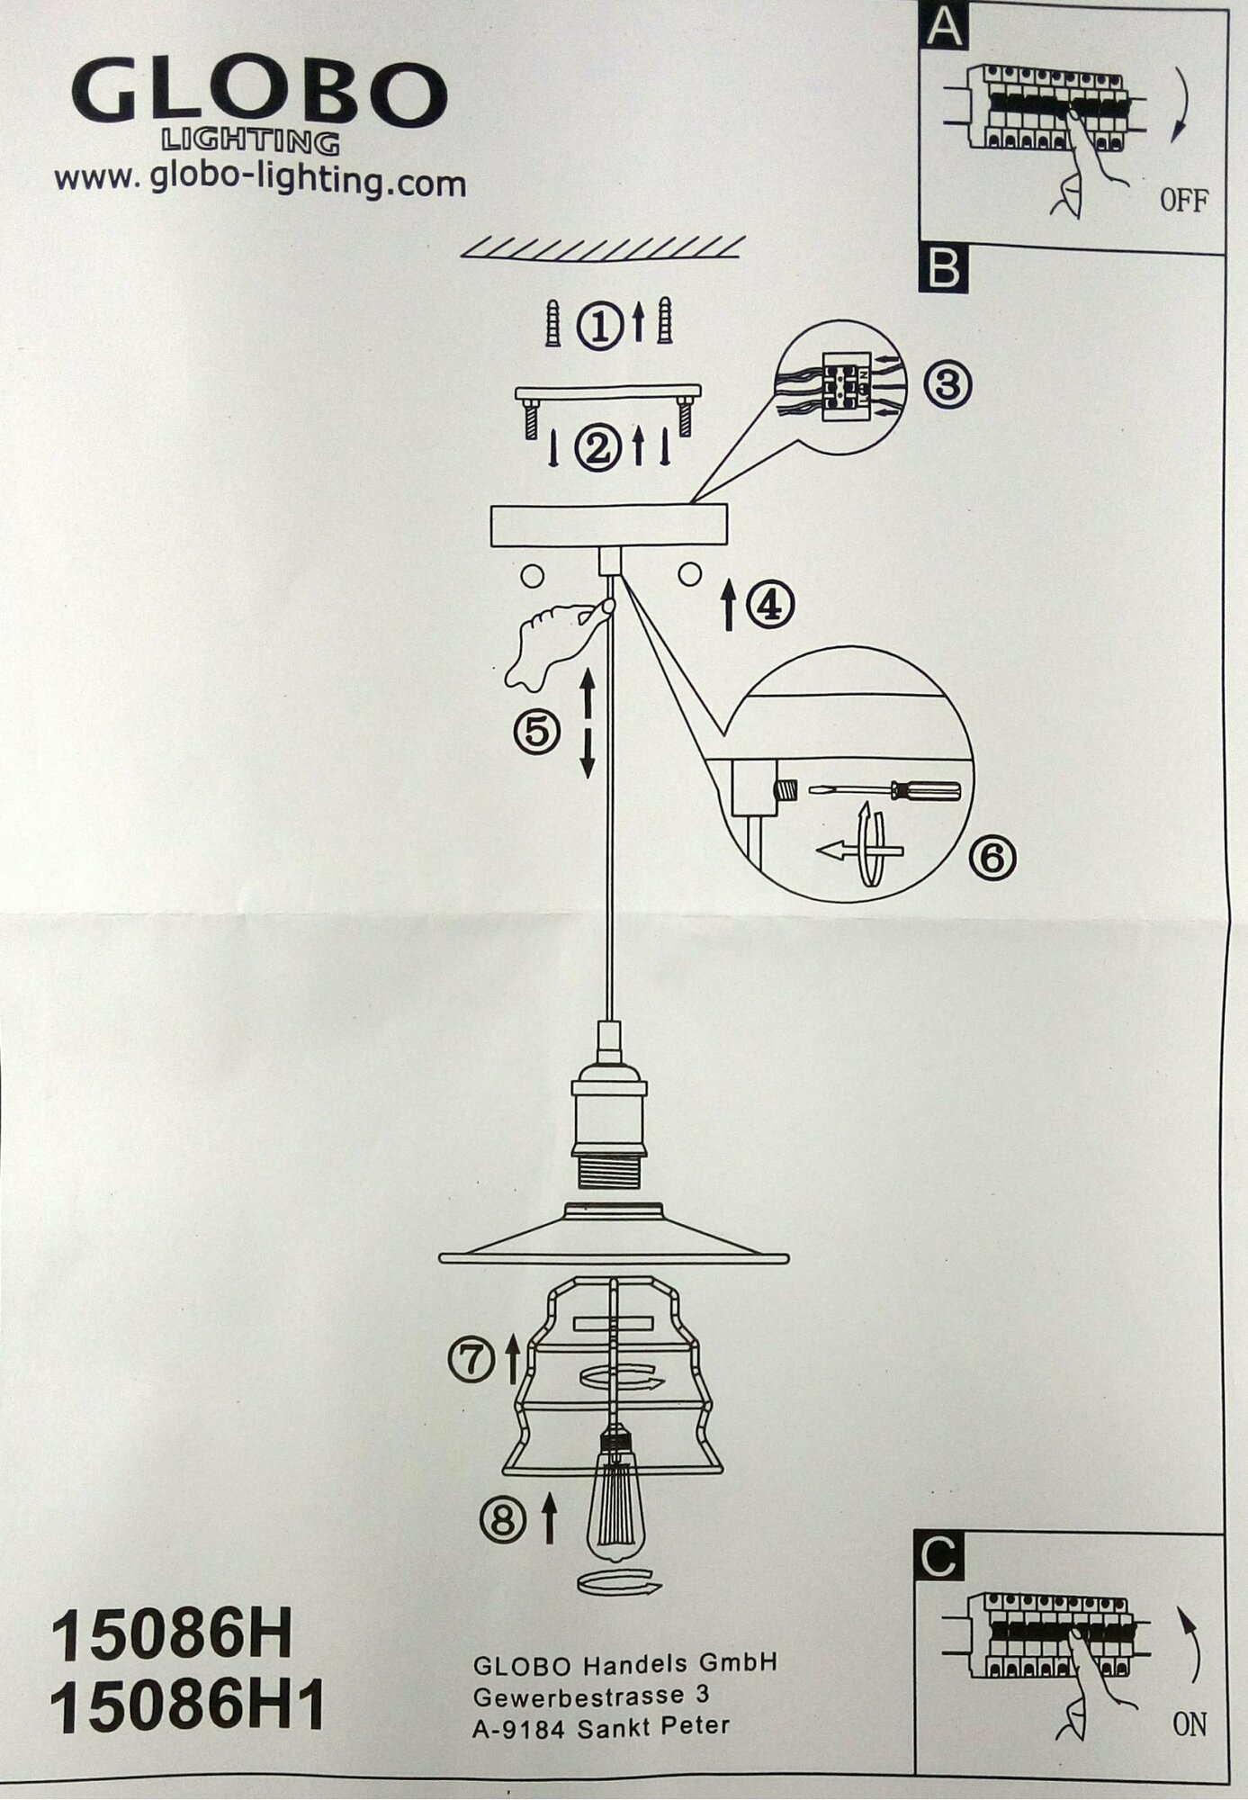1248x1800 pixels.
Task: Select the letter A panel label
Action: tap(944, 26)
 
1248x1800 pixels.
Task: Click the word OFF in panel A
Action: tap(1183, 200)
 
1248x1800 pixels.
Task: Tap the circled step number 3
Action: tap(947, 385)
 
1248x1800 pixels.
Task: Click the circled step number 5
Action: tap(537, 731)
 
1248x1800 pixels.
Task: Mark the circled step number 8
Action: tap(503, 1521)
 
